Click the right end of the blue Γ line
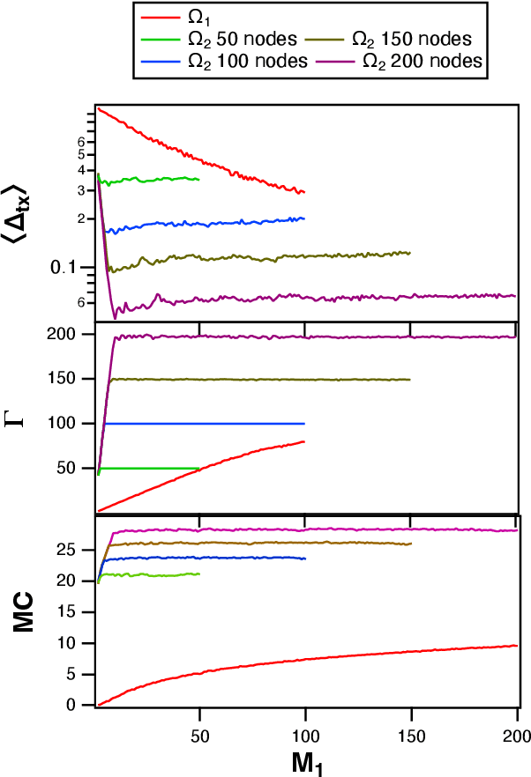(x=304, y=424)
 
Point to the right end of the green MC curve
(x=199, y=573)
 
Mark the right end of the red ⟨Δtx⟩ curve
(x=304, y=192)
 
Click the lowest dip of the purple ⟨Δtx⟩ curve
(x=115, y=317)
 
